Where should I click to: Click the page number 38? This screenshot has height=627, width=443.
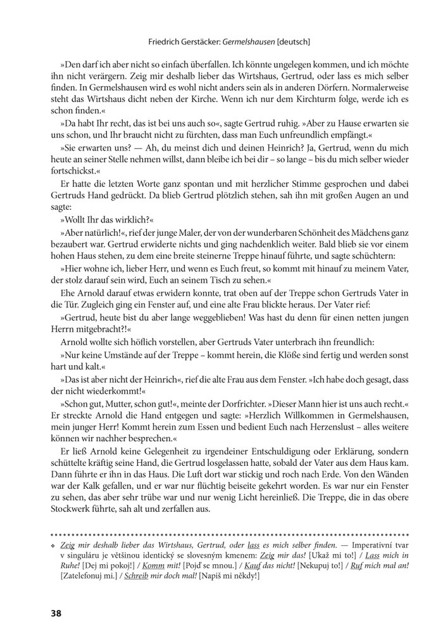tap(55, 613)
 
